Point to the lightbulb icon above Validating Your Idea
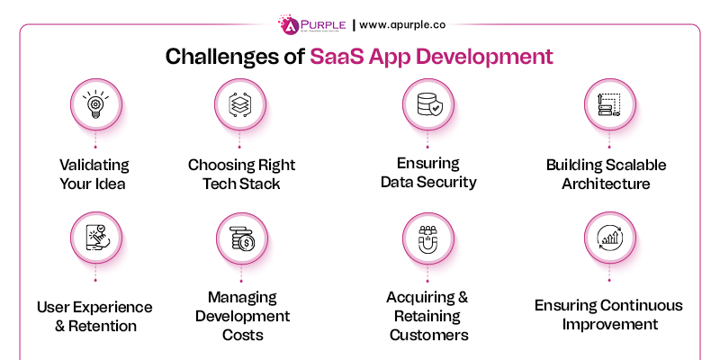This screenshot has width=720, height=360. point(94,104)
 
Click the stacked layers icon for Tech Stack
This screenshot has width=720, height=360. point(240,104)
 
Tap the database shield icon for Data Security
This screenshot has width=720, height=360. point(427,104)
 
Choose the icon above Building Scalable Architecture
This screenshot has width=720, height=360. point(608,104)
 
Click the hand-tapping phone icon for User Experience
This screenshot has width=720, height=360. point(94,238)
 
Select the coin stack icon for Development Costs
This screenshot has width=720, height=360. point(240,238)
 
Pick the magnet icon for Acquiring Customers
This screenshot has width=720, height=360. point(427,238)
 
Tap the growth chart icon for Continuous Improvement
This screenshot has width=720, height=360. point(608,238)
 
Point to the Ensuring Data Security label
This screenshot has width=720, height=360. point(427,173)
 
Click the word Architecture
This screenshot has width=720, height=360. point(607,184)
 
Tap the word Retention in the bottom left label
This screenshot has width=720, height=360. point(104,326)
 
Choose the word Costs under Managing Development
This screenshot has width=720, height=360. point(239,335)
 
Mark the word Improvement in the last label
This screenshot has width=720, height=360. point(607,324)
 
